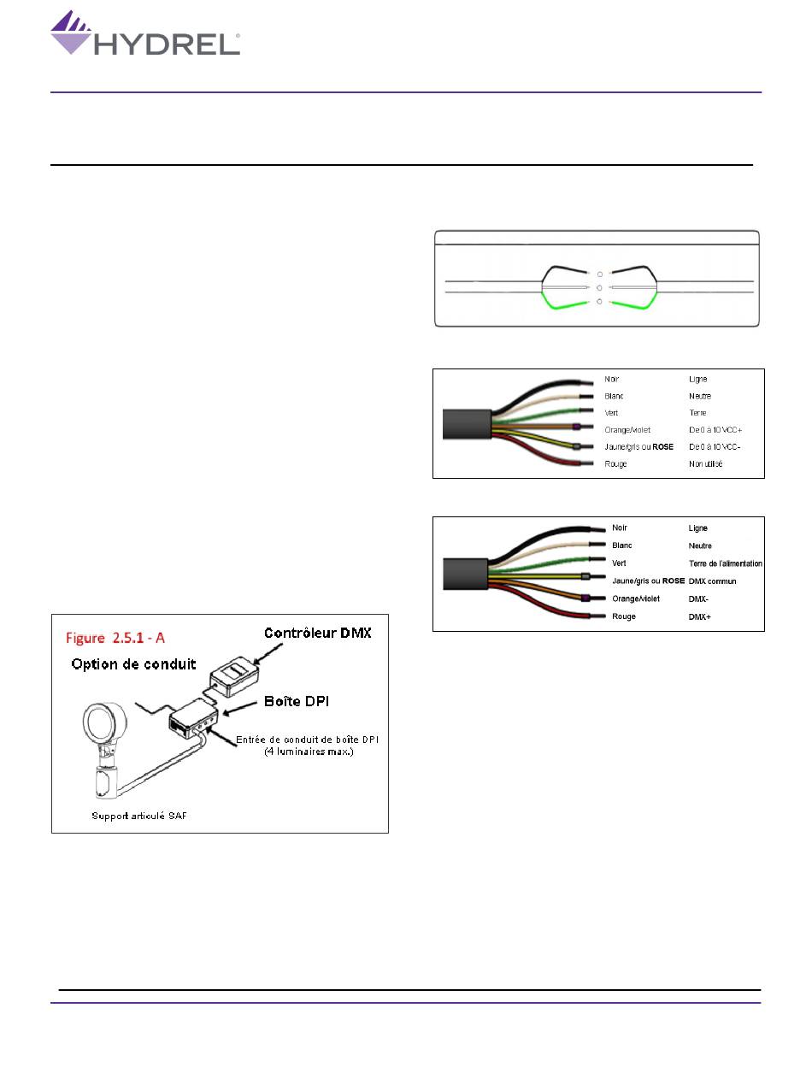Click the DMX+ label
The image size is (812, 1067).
pos(698,616)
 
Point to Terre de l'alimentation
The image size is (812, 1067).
pos(725,563)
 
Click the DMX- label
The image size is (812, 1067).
pos(697,598)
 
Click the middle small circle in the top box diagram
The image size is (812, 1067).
pos(600,288)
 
